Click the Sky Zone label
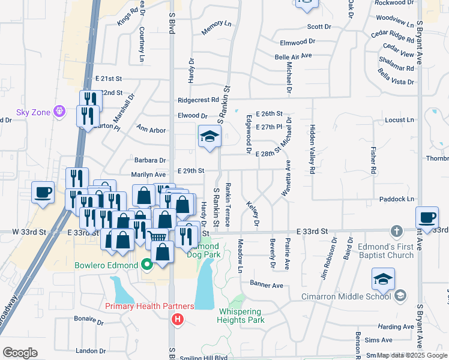tap(31, 112)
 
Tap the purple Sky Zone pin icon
tap(59, 111)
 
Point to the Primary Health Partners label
tap(149, 306)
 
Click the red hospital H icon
tap(177, 319)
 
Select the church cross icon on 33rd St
tap(396, 231)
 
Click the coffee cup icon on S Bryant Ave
tap(427, 217)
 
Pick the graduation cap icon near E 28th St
tap(209, 136)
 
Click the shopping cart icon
tap(157, 237)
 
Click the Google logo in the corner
tap(20, 353)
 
